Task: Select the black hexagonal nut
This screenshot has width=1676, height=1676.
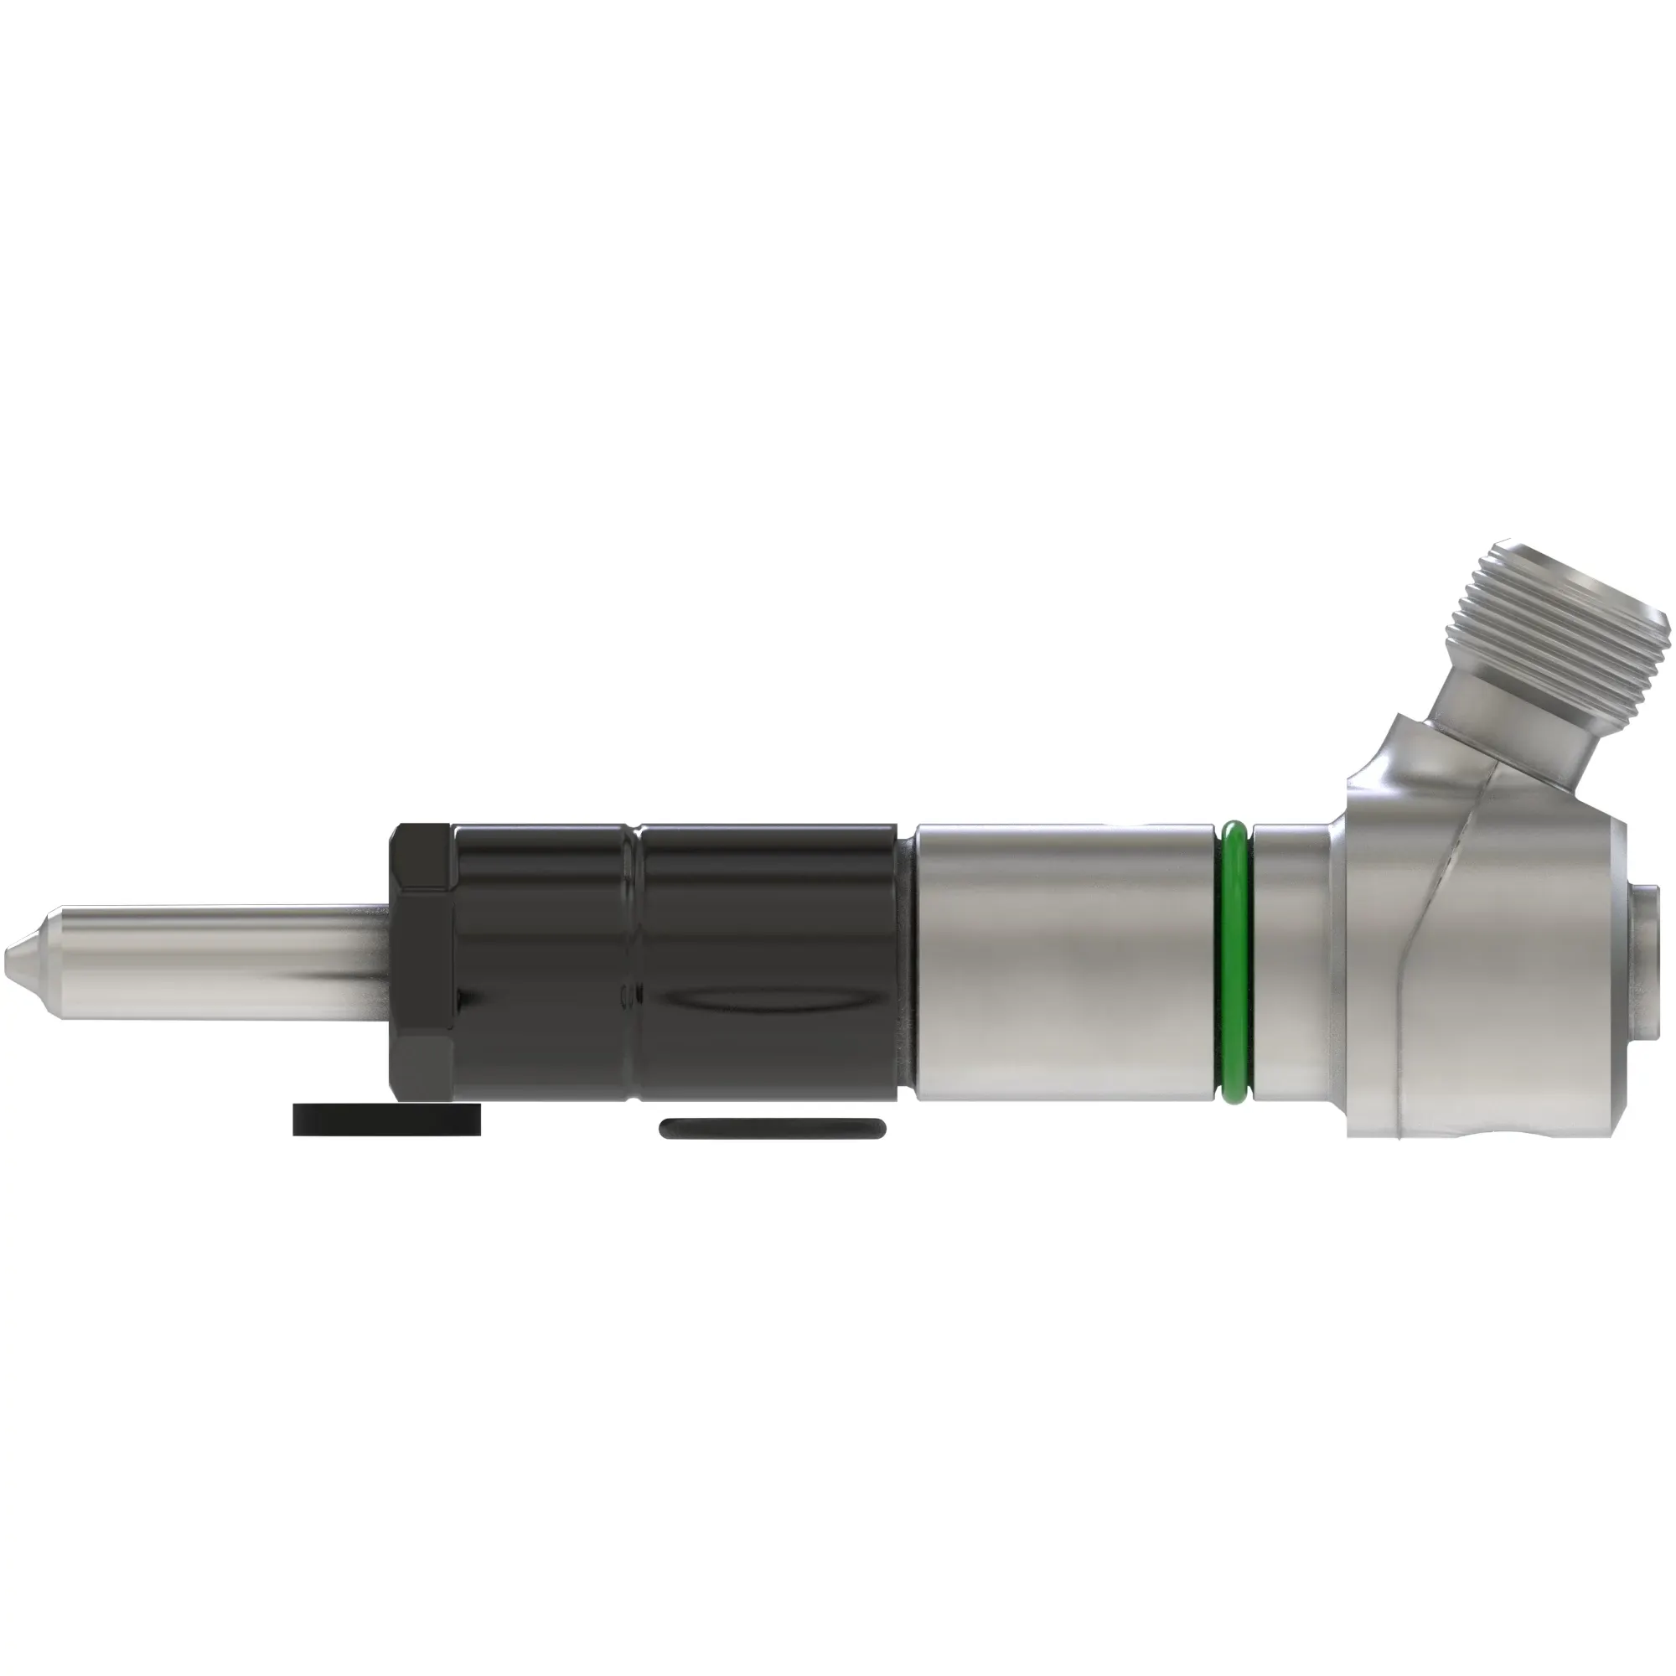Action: [x=422, y=963]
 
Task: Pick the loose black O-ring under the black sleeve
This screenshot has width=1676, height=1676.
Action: [x=772, y=1128]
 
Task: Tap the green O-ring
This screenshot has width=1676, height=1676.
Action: [x=1234, y=963]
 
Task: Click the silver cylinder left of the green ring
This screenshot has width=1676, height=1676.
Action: [x=1067, y=963]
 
